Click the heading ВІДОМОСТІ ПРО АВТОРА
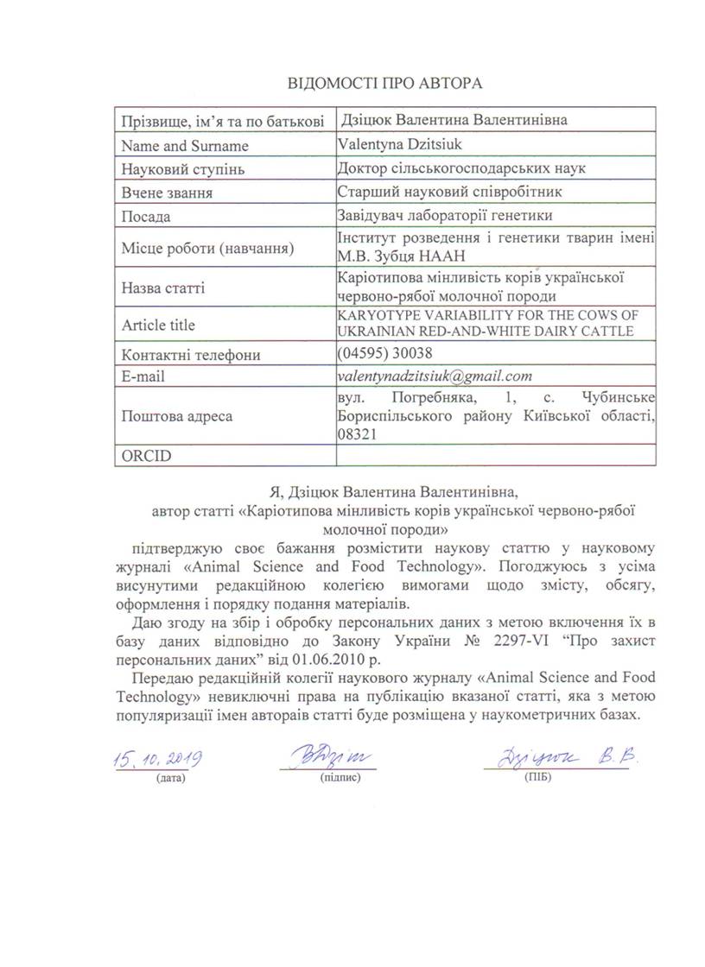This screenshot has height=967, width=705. click(x=384, y=84)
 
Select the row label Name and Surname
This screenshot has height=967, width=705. click(x=185, y=146)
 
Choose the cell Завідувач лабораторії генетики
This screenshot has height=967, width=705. click(x=444, y=215)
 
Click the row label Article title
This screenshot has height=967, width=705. click(x=158, y=325)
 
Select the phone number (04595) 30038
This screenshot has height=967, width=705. click(x=385, y=353)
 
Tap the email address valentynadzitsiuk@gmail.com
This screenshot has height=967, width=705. click(x=435, y=376)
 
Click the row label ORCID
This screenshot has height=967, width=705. click(x=143, y=455)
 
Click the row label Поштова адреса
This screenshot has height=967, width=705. click(x=176, y=416)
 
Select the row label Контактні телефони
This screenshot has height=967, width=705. click(x=191, y=355)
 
